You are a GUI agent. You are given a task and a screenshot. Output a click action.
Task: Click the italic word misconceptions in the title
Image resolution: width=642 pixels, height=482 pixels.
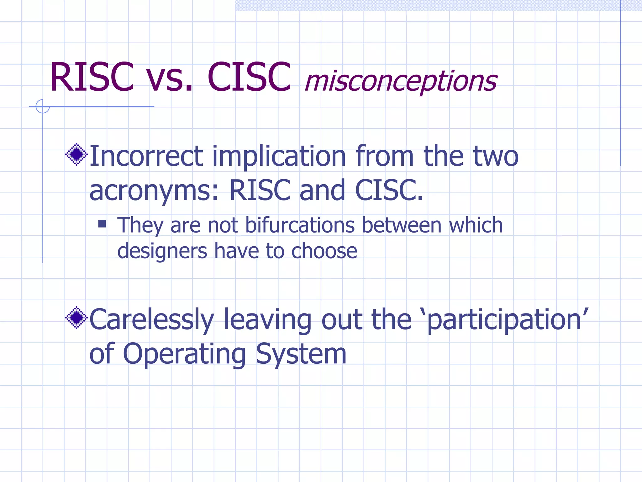[x=401, y=81]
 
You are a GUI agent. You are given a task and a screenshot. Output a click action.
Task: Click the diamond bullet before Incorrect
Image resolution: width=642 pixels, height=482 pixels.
[x=76, y=154]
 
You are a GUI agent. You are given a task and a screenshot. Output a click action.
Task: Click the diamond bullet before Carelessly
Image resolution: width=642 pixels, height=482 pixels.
[x=76, y=318]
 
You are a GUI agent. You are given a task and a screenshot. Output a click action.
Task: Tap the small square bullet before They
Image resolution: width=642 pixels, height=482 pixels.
[x=102, y=224]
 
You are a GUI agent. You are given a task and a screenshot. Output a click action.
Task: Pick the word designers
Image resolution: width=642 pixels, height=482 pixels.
[x=162, y=251]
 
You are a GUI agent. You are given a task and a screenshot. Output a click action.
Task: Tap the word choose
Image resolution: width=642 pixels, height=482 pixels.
[x=324, y=251]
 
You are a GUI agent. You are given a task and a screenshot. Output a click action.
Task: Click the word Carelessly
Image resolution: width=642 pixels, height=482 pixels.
[x=152, y=319]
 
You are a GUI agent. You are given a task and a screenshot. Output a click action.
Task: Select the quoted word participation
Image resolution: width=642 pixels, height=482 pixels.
[x=505, y=319]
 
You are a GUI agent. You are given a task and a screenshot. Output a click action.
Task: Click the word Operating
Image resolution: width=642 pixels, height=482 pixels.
[x=184, y=354]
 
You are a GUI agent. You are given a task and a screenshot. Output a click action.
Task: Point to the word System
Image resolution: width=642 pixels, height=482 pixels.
[x=301, y=354]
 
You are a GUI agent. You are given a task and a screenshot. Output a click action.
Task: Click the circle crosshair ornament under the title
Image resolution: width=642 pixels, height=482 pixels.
[x=43, y=106]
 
